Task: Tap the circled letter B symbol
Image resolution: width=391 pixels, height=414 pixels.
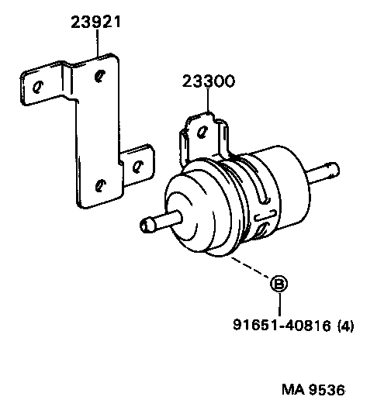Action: pos(278,285)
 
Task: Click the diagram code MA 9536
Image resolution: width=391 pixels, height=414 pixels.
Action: pos(313,388)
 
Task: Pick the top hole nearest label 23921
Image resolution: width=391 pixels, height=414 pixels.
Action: pos(99,75)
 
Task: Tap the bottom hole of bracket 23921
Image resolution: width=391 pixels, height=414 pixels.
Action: pos(99,184)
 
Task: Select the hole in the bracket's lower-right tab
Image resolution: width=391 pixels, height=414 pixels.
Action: pos(139,164)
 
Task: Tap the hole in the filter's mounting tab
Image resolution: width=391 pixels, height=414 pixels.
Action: pos(204,130)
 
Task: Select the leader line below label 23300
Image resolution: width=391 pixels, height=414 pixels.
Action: pos(207,101)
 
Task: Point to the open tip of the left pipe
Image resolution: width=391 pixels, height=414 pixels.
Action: pos(144,227)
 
